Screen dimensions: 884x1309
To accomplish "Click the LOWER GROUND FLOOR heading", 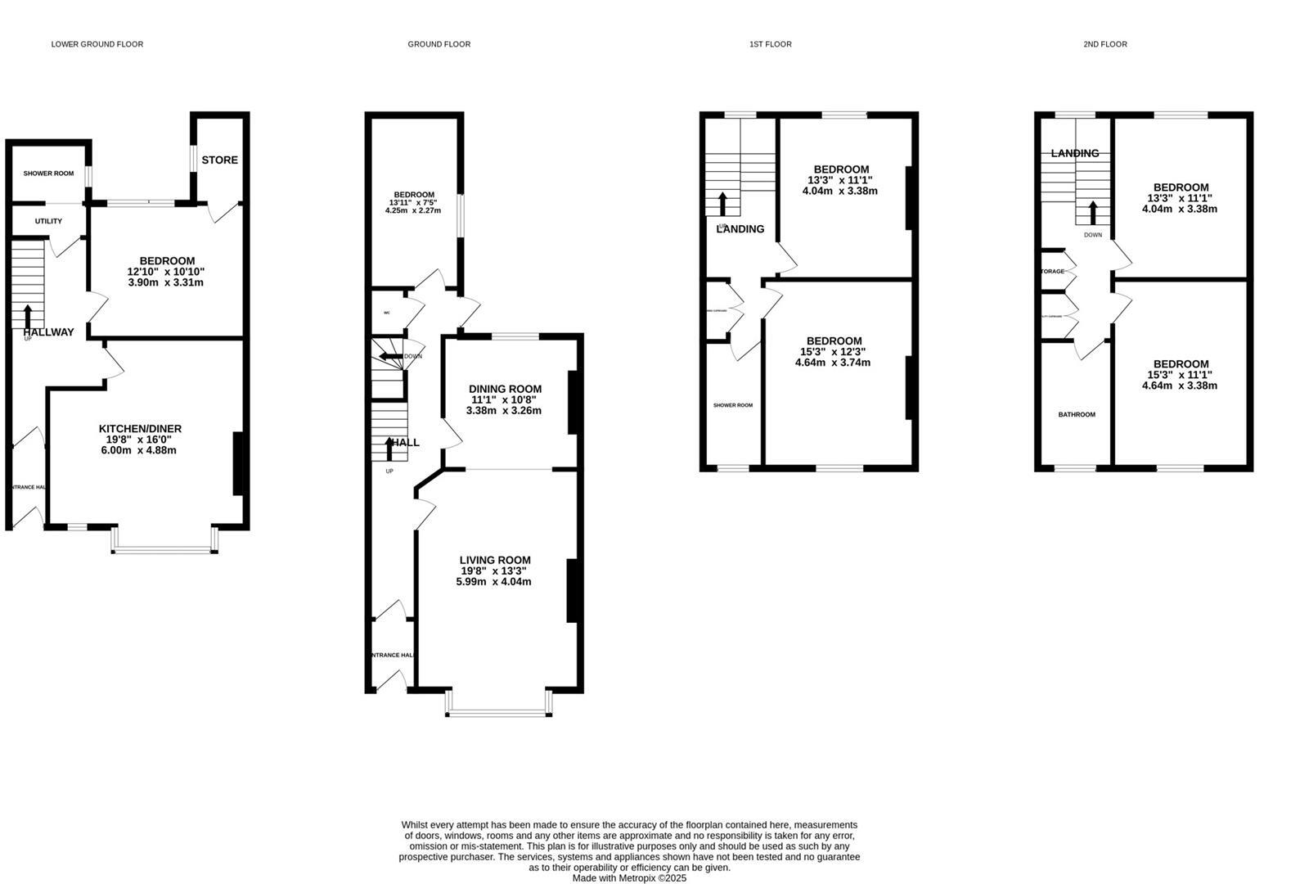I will [x=97, y=44].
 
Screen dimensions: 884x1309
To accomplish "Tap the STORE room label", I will [x=219, y=160].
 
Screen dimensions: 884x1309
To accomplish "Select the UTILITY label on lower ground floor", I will [x=48, y=221].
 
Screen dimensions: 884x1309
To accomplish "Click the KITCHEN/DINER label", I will [x=140, y=429].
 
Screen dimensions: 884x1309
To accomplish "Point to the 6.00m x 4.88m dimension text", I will [x=140, y=450].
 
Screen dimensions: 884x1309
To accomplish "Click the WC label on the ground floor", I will [x=387, y=313].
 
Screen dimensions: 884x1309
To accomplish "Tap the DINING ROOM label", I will [x=505, y=389].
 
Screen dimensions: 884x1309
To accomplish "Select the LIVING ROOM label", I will [x=495, y=560].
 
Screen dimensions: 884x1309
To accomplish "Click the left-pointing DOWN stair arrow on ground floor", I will [x=387, y=356].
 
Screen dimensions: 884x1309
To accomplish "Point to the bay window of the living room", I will [x=498, y=713].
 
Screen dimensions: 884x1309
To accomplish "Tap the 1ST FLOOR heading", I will [x=770, y=44].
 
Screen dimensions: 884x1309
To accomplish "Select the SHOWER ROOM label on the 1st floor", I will [x=732, y=405].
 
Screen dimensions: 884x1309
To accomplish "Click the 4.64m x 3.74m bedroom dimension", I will [x=833, y=362].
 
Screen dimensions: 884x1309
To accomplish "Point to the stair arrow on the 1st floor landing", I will [x=722, y=205].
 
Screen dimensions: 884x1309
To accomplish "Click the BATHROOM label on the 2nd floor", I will [x=1076, y=415].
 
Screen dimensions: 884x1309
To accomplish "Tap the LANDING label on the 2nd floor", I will [x=1074, y=153].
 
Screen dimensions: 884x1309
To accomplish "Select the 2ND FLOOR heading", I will [x=1104, y=44].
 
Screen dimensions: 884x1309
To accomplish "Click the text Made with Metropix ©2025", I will [x=629, y=878].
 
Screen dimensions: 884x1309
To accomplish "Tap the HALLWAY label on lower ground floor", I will [x=48, y=332].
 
